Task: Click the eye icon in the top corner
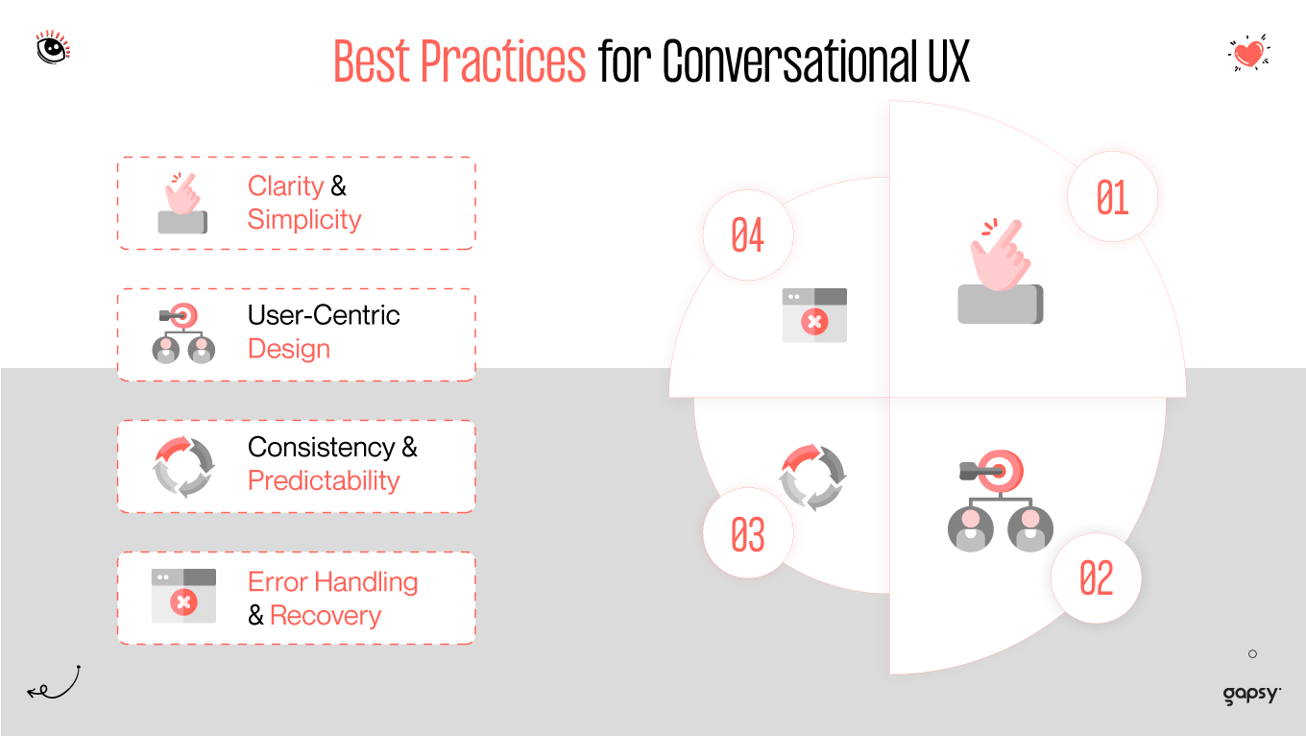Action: [x=53, y=46]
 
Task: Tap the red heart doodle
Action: [x=1248, y=53]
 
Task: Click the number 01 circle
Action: [x=1112, y=197]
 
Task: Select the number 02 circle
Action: [x=1096, y=578]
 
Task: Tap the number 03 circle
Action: [x=748, y=534]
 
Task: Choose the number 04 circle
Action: [x=748, y=234]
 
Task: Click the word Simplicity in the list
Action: [x=304, y=220]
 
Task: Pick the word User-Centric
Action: [x=324, y=315]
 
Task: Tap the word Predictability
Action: [x=324, y=480]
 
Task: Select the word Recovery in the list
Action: [x=326, y=616]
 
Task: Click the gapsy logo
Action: [x=1252, y=694]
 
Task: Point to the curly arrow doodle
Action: [x=54, y=683]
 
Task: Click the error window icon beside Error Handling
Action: [x=183, y=596]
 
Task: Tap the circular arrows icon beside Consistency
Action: [x=184, y=466]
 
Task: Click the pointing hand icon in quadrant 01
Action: [x=1000, y=273]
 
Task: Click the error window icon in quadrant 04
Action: [x=814, y=315]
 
